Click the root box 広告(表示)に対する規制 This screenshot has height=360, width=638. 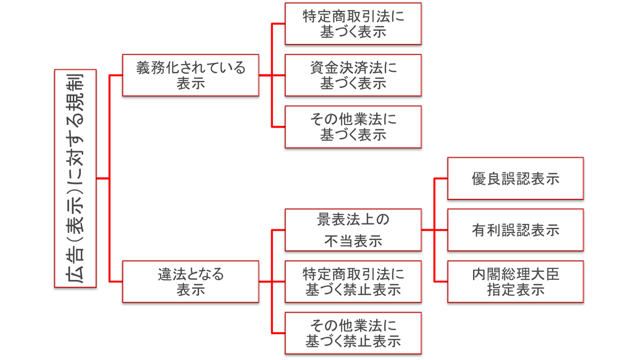point(75,178)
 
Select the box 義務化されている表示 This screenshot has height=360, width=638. point(190,75)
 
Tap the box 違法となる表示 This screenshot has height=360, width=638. point(190,281)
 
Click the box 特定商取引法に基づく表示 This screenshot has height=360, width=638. point(353,23)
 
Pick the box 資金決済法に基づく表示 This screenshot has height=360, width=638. point(353,75)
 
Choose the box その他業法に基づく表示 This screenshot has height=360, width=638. point(353,127)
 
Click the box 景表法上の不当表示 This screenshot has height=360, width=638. point(353,230)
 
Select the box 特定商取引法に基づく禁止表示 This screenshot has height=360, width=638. point(353,281)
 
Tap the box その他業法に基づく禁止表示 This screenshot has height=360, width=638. point(353,333)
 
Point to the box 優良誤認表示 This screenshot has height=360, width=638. point(515,179)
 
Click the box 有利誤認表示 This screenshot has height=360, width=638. point(515,230)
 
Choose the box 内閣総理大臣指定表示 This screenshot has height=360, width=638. point(515,281)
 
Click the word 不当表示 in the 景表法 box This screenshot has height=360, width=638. point(353,241)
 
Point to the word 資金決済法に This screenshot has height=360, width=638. point(353,68)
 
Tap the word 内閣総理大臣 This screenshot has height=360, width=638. point(515,274)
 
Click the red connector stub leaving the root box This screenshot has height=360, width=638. point(102,179)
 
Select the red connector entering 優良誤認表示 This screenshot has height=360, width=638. point(441,178)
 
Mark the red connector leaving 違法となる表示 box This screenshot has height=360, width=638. point(265,282)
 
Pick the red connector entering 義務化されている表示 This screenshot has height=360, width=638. point(116,75)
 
